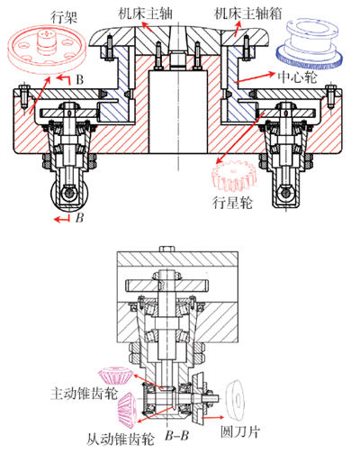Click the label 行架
(x=64, y=17)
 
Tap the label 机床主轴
(x=146, y=14)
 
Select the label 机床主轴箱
(x=247, y=14)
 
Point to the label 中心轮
(x=297, y=77)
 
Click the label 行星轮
(x=232, y=203)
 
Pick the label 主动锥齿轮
(x=84, y=393)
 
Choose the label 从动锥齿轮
(x=120, y=440)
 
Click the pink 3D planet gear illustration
(x=234, y=176)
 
